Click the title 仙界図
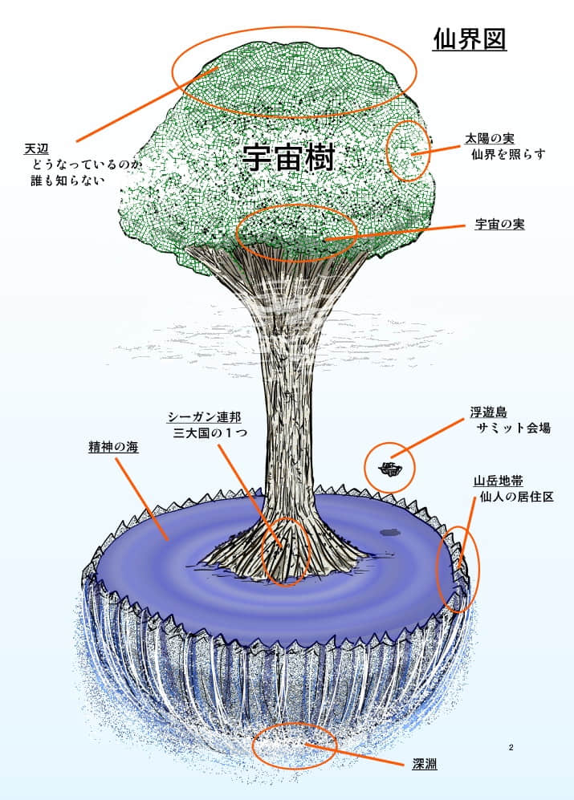(469, 39)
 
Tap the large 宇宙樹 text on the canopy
(288, 158)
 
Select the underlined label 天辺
(37, 149)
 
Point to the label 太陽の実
(490, 139)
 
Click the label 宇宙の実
(499, 225)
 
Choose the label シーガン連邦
(204, 417)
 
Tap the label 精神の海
(113, 447)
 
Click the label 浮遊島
(489, 412)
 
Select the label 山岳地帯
(499, 481)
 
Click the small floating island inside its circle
(391, 468)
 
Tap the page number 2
(511, 748)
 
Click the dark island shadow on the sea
(391, 530)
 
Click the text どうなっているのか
(85, 165)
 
